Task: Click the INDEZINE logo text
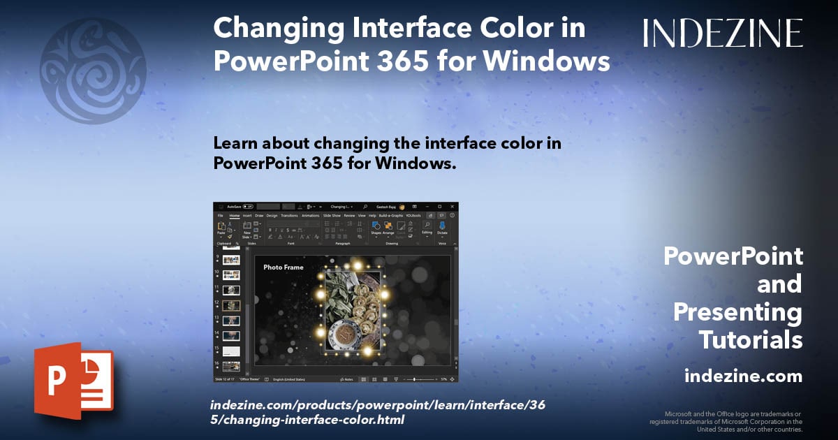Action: click(722, 33)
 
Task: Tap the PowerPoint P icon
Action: click(73, 381)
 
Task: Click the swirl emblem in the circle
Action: click(93, 71)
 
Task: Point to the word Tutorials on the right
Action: click(750, 340)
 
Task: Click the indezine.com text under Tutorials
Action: click(743, 376)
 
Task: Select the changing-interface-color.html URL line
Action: click(307, 420)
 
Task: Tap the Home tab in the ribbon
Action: click(235, 216)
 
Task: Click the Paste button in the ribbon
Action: click(221, 229)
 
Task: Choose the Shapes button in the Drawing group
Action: click(376, 228)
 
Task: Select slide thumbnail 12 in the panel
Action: click(231, 305)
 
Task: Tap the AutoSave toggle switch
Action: click(247, 207)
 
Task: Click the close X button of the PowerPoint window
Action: click(451, 207)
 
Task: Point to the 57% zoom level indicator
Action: click(443, 379)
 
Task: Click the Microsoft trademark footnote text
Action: click(726, 422)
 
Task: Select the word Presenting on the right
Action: click(737, 312)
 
